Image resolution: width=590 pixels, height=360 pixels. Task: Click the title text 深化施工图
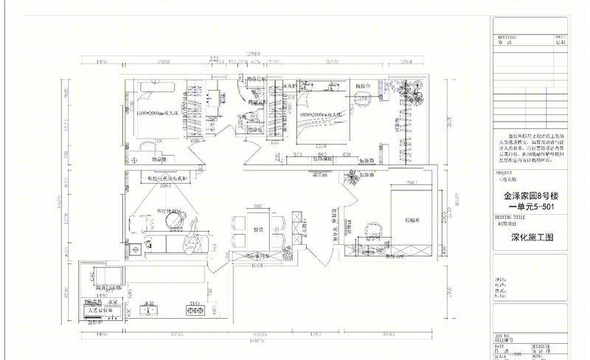point(531,238)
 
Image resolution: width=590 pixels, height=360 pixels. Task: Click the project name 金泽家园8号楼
point(530,197)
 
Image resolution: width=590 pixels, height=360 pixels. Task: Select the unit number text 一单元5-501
point(531,209)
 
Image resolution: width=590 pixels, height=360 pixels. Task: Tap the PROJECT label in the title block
point(504,172)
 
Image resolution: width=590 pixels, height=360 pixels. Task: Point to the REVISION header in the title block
point(508,36)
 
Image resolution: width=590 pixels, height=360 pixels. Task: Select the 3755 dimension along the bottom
point(176,333)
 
